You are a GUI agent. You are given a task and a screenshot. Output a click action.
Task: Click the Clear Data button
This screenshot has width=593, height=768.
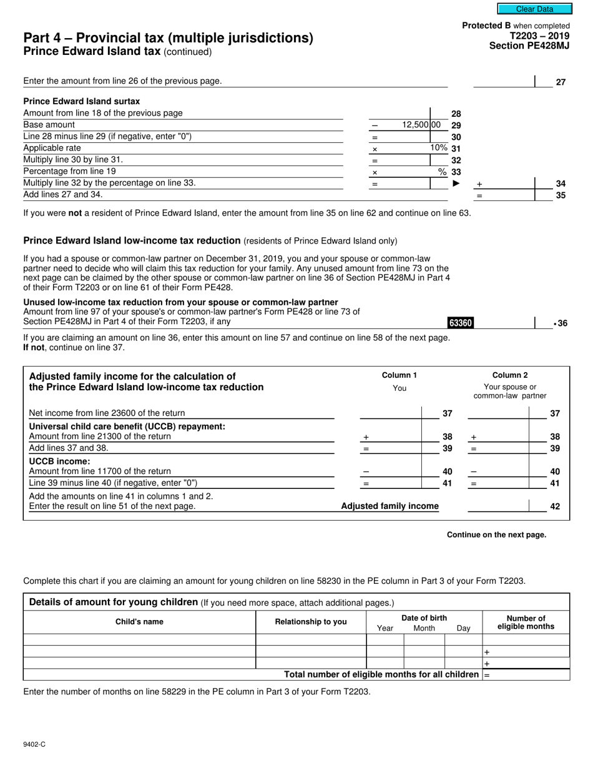534,9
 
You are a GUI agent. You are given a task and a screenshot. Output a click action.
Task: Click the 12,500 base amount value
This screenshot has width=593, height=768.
421,125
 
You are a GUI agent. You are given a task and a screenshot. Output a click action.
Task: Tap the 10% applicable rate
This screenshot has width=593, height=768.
439,148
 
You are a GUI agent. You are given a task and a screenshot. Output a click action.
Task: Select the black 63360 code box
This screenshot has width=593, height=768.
461,323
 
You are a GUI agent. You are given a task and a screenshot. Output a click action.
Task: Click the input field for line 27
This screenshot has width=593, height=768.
504,81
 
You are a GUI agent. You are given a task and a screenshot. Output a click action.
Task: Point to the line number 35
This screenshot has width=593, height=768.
561,195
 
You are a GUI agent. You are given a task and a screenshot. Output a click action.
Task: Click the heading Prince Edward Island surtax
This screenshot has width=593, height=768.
81,101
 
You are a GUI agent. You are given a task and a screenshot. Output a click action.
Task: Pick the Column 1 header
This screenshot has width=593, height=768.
399,375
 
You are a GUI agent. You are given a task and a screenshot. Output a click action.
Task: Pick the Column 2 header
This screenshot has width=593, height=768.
509,375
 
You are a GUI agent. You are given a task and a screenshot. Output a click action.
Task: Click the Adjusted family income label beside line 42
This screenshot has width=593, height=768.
390,506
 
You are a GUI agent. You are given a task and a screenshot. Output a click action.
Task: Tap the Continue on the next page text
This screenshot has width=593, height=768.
496,535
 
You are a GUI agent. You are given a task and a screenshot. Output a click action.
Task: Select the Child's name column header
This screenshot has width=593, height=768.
139,622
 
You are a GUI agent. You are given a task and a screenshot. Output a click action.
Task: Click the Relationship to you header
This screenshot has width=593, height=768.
311,622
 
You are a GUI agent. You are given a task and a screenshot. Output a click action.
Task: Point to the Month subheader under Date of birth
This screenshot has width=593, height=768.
424,629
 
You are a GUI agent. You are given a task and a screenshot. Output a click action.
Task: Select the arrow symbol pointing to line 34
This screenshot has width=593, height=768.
456,184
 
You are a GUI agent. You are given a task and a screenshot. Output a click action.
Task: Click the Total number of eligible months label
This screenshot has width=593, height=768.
381,675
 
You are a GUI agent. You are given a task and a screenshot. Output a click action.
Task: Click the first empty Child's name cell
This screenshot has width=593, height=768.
139,640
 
